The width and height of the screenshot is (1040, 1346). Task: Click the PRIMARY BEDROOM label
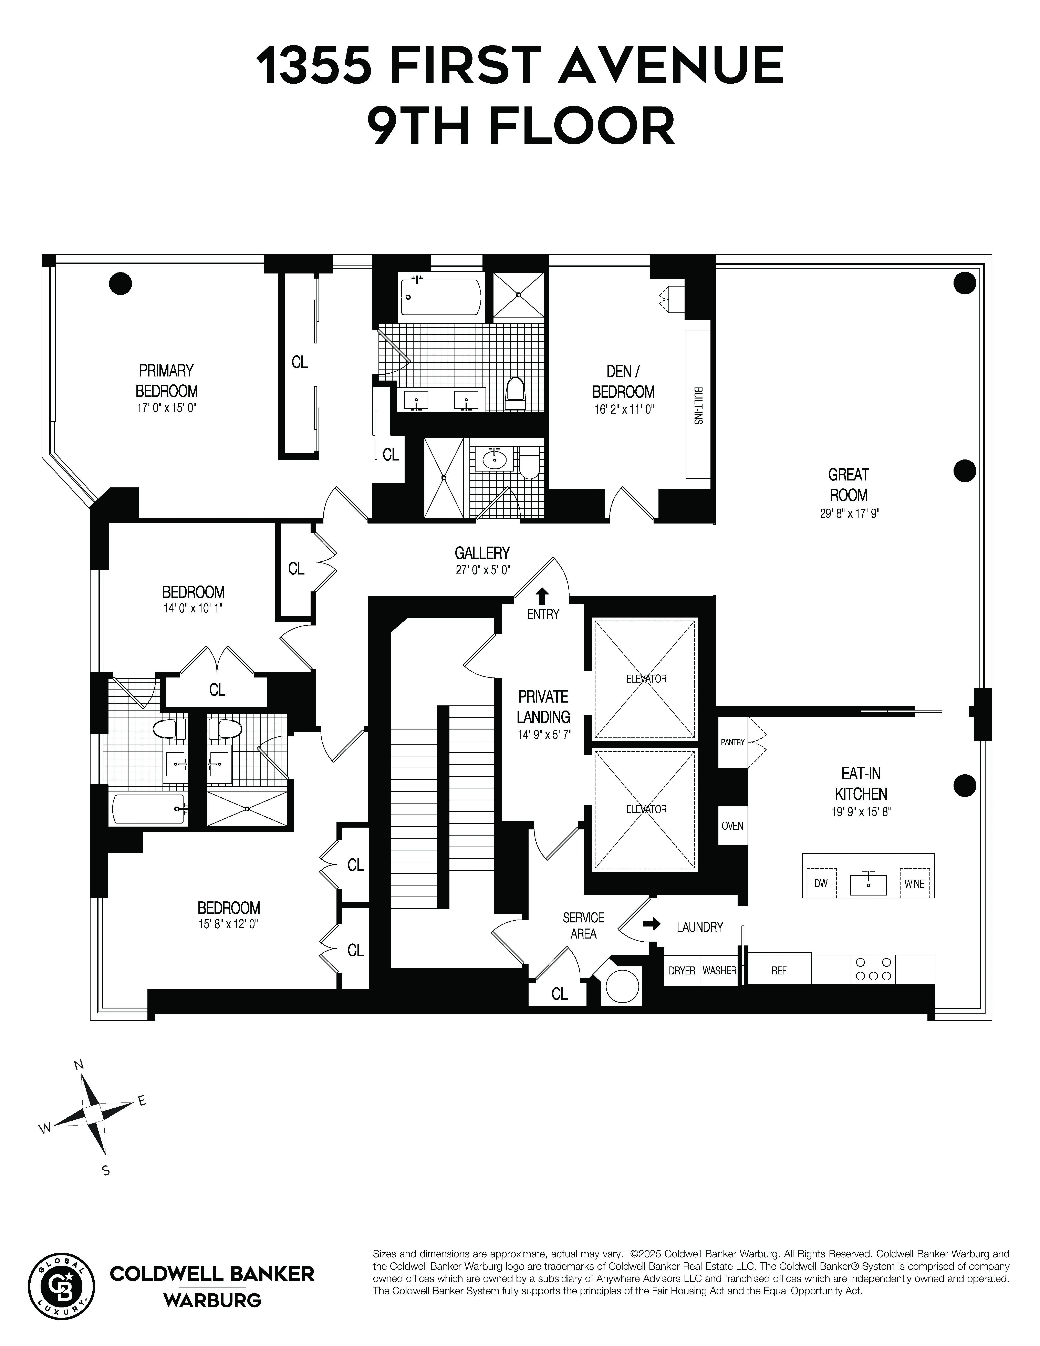click(x=166, y=381)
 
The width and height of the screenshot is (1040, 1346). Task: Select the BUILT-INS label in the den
click(x=698, y=405)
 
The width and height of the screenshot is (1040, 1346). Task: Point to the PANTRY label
click(x=732, y=742)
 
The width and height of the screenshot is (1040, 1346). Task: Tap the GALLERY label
click(x=482, y=553)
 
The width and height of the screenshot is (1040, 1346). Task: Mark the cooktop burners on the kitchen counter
click(x=873, y=969)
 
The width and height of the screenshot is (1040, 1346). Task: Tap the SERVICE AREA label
click(x=583, y=926)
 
